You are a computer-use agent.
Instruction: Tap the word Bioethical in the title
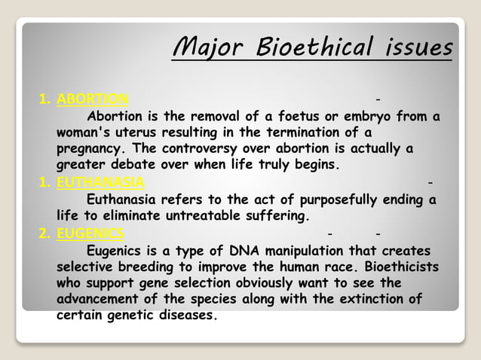point(298,47)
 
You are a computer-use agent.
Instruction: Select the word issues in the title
point(413,47)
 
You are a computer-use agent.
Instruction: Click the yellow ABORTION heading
point(93,99)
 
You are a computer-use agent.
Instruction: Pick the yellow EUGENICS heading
point(90,233)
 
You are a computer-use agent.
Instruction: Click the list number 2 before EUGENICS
point(43,233)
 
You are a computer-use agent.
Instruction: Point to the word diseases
point(186,316)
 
